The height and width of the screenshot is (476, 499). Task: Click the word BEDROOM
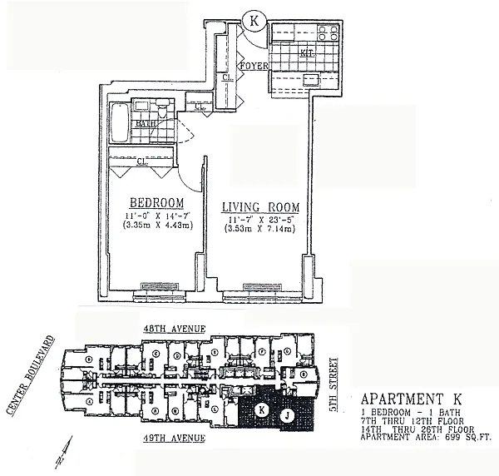click(156, 203)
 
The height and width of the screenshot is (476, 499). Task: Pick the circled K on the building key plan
click(261, 409)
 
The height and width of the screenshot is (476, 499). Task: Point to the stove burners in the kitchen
click(327, 36)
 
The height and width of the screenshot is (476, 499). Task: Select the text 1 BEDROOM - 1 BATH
click(403, 413)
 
